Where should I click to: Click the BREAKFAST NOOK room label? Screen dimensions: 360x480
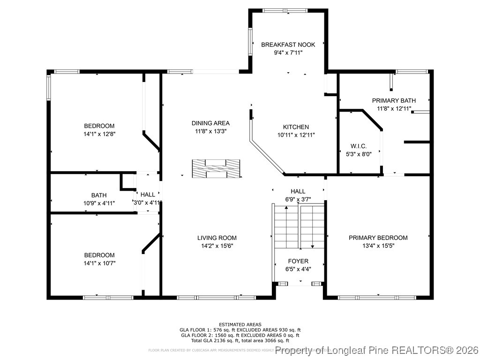(x=288, y=45)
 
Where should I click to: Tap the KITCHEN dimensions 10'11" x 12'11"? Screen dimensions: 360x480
(x=296, y=135)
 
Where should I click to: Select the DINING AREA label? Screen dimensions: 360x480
(x=210, y=123)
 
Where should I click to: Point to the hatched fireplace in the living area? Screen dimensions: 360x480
(x=216, y=168)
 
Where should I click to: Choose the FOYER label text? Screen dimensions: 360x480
(x=298, y=261)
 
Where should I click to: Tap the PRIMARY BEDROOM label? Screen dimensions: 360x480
(x=378, y=238)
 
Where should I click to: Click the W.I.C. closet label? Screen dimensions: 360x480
(x=359, y=146)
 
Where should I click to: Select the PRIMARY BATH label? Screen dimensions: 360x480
(x=391, y=101)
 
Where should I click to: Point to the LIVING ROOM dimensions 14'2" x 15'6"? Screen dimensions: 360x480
(x=217, y=246)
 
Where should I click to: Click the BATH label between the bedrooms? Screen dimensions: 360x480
(x=99, y=195)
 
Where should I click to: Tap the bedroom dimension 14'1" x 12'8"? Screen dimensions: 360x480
(x=99, y=134)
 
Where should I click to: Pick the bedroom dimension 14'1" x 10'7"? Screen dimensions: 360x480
(x=99, y=263)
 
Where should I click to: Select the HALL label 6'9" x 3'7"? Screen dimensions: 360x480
(x=298, y=191)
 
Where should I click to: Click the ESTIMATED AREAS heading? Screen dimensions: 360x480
(x=240, y=324)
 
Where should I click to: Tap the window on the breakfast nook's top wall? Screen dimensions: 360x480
(x=285, y=10)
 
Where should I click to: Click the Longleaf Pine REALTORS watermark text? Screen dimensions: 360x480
(x=377, y=350)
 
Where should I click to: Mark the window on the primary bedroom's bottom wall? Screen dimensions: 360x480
(x=377, y=297)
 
